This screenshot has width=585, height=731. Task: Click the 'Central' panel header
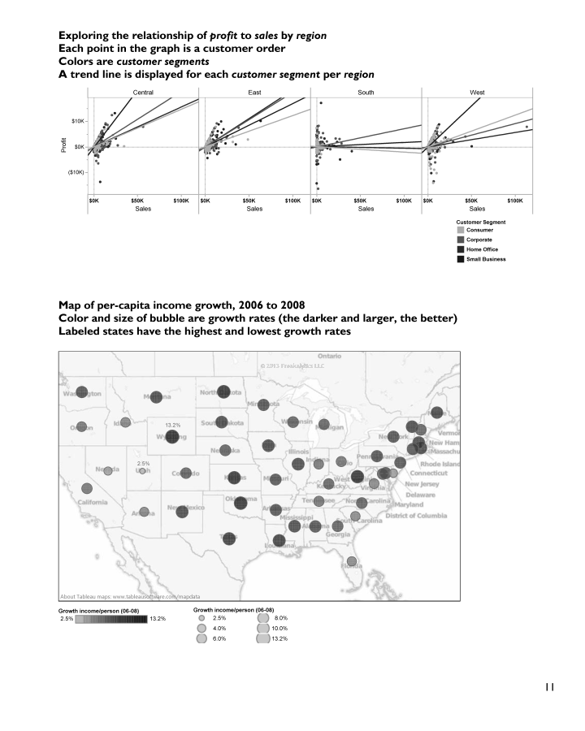143,93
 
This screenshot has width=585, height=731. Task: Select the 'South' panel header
366,93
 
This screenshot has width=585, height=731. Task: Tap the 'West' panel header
477,93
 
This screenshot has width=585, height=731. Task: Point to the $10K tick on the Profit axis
79,121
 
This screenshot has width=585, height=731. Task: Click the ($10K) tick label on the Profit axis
77,172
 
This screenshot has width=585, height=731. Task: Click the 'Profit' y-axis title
63,147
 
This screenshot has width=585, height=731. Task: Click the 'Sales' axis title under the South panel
366,209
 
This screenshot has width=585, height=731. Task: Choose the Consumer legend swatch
461,230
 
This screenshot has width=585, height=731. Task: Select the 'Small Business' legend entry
486,259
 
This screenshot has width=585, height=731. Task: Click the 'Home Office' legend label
482,249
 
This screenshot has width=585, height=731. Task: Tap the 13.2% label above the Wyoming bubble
172,426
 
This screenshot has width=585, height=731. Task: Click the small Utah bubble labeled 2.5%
142,471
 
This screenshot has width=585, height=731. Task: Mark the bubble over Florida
352,561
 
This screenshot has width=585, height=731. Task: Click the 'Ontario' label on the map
329,356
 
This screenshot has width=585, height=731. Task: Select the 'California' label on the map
93,502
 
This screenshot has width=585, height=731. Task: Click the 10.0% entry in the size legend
279,629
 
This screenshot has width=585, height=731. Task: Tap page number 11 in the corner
549,686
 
